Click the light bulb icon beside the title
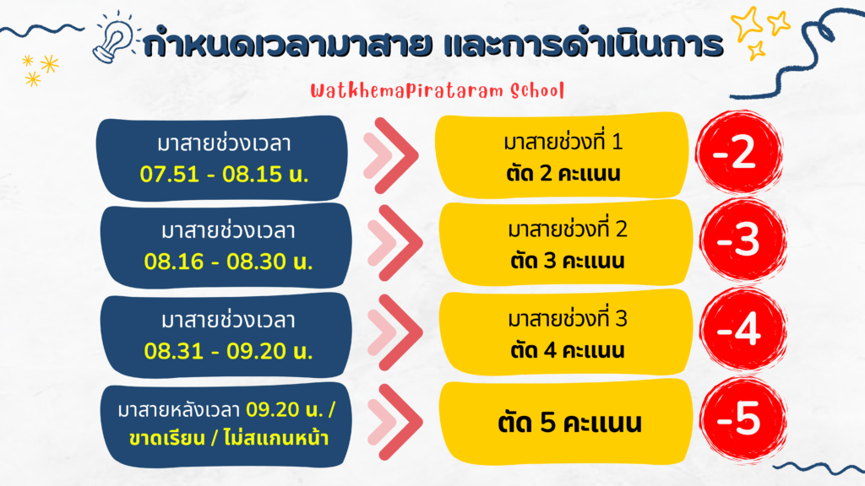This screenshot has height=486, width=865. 113,37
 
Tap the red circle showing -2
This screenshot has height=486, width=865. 738,152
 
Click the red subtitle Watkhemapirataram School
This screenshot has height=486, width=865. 437,90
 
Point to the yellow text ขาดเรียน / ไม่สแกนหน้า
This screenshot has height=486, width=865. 229,439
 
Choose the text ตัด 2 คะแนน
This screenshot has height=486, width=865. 563,174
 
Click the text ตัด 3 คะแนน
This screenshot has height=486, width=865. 568,261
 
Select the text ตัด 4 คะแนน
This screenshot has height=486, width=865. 568,350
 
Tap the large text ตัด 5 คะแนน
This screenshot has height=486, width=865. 570,424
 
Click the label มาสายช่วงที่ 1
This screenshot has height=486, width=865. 563,142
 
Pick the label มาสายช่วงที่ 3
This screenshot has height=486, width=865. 568,318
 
